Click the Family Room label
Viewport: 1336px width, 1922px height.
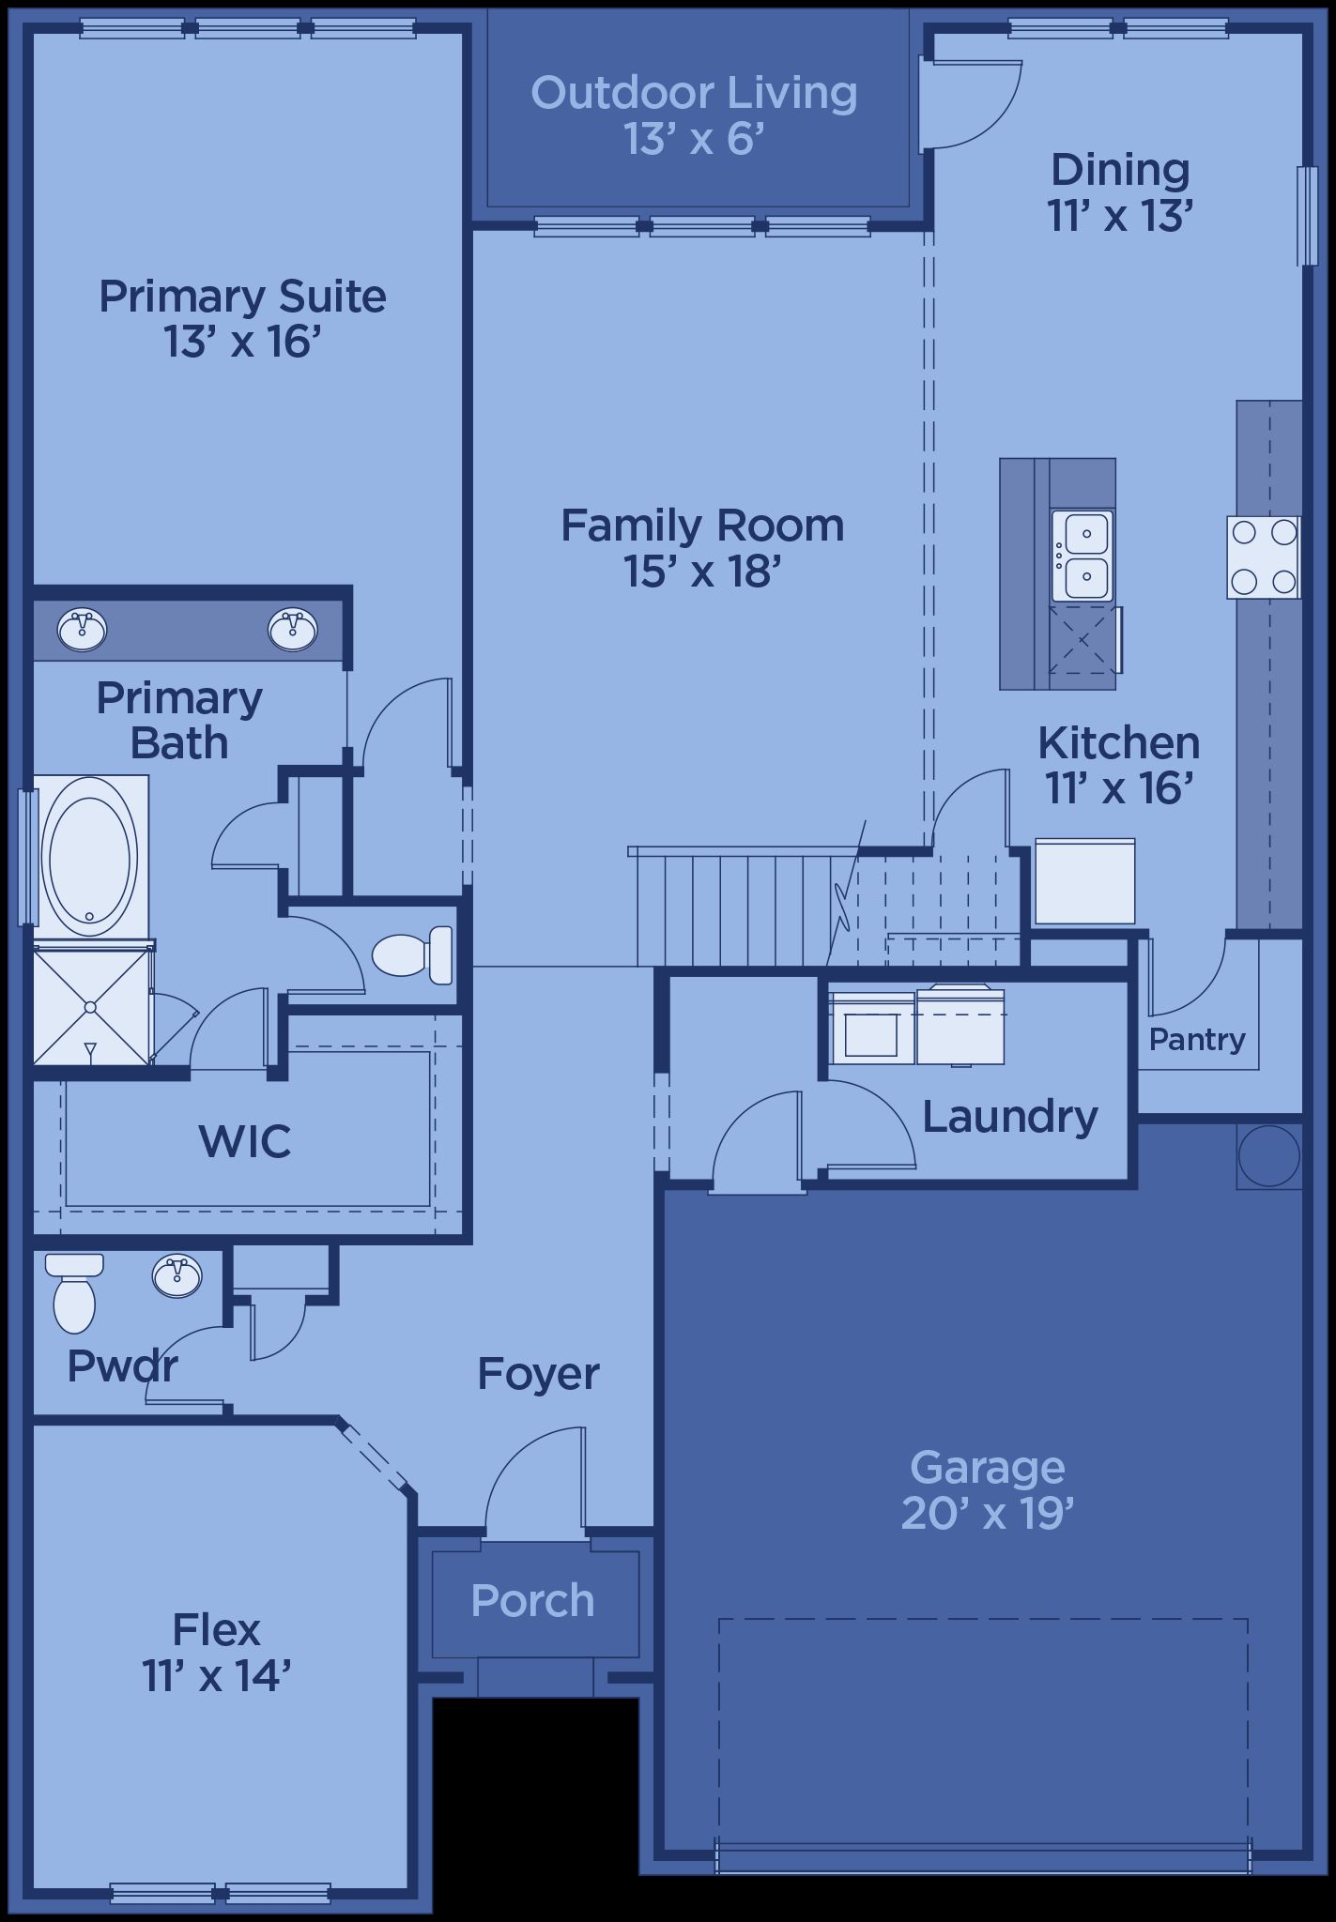702,526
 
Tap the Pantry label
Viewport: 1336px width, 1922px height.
1197,1039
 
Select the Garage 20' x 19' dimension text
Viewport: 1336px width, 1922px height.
987,1513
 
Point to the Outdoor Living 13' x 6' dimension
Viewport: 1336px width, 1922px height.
694,139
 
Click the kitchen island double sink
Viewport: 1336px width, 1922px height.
1083,557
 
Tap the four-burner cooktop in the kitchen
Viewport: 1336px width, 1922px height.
1264,557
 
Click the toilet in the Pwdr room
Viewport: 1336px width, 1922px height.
73,1292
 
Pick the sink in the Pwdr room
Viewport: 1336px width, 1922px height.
177,1276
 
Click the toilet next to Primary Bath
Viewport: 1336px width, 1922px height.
412,954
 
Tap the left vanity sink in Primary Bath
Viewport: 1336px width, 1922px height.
82,629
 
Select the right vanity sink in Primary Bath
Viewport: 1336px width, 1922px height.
293,629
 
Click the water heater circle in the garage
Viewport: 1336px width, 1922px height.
1269,1156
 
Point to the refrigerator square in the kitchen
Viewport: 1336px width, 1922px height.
1084,881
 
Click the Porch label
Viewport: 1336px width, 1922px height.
532,1600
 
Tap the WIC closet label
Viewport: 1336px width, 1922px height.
245,1141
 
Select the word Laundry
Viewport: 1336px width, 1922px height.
1010,1117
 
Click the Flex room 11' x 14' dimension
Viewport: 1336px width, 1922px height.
217,1675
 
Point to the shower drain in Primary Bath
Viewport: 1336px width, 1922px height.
91,1007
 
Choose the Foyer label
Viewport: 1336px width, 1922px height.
538,1374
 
